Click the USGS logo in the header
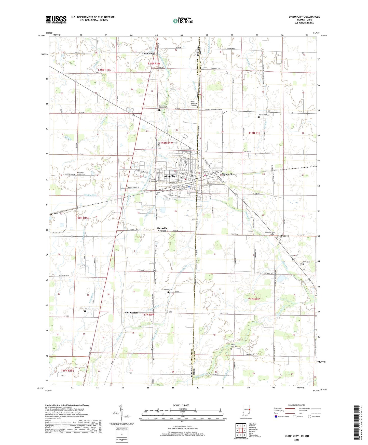pyautogui.click(x=56, y=20)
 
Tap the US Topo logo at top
pyautogui.click(x=183, y=21)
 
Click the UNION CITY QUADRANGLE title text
pyautogui.click(x=304, y=17)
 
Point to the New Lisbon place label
pyautogui.click(x=148, y=54)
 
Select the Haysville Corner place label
pyautogui.click(x=162, y=229)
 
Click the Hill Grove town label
pyautogui.click(x=283, y=236)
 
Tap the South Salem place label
pyautogui.click(x=131, y=312)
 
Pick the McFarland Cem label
pyautogui.click(x=264, y=115)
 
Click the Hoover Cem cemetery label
pyautogui.click(x=168, y=290)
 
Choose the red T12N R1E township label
pyautogui.click(x=254, y=299)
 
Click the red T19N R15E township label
pyautogui.click(x=67, y=371)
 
